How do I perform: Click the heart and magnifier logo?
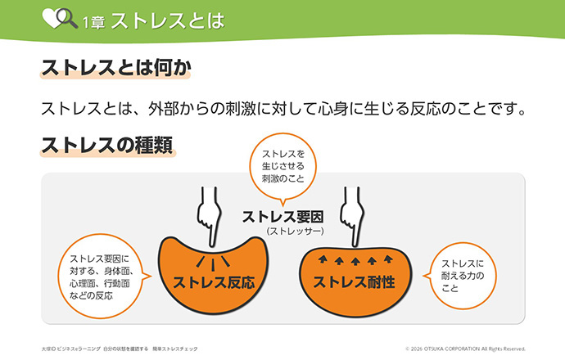(x=60, y=18)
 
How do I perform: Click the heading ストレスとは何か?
(x=116, y=67)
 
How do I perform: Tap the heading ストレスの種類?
(x=107, y=145)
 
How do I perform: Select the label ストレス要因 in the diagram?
(x=282, y=217)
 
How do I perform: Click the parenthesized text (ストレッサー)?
(x=295, y=231)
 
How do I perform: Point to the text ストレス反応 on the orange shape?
(x=214, y=282)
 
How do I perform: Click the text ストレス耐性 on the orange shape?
(x=354, y=282)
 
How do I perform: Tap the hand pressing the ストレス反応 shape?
(x=209, y=216)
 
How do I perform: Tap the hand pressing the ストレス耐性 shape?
(x=352, y=216)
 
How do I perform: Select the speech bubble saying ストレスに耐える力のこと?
(x=462, y=276)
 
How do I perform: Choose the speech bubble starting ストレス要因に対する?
(x=102, y=277)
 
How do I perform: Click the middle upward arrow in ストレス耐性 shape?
(x=355, y=261)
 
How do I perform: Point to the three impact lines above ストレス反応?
(x=213, y=263)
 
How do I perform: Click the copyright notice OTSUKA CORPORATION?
(x=465, y=349)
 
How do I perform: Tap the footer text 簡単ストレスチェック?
(x=175, y=349)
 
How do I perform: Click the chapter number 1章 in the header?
(x=93, y=22)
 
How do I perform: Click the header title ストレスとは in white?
(x=168, y=20)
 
